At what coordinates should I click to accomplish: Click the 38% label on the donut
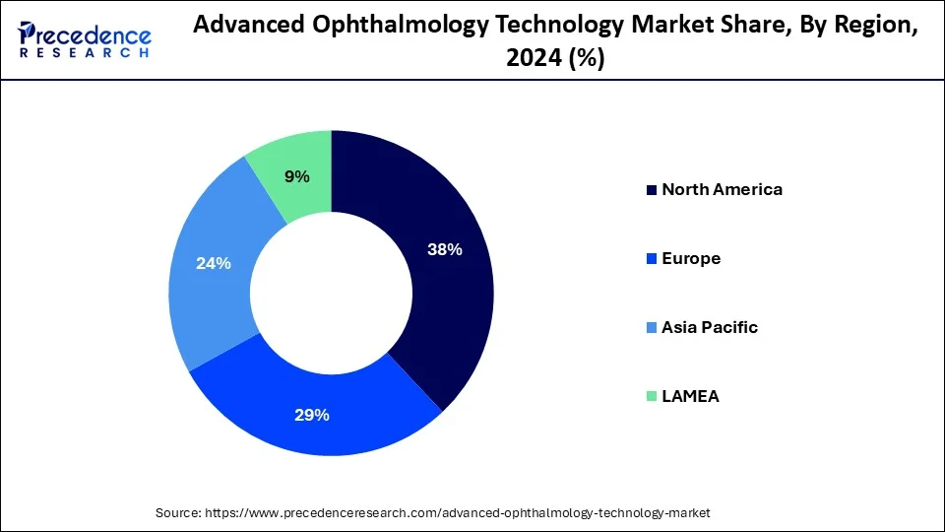[444, 250]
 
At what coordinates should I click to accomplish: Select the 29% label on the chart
[312, 415]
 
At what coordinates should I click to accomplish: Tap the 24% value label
[214, 263]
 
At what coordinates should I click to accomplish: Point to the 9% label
[296, 177]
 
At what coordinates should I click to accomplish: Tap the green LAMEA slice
[295, 158]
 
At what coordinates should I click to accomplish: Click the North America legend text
[722, 189]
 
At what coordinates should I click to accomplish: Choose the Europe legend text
[691, 258]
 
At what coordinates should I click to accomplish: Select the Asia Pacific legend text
[710, 327]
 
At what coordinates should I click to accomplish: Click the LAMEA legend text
[690, 396]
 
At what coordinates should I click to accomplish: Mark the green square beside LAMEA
[651, 397]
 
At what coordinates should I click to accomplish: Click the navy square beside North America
[651, 190]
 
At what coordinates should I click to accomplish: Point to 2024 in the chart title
[534, 58]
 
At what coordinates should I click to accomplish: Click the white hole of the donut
[331, 293]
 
